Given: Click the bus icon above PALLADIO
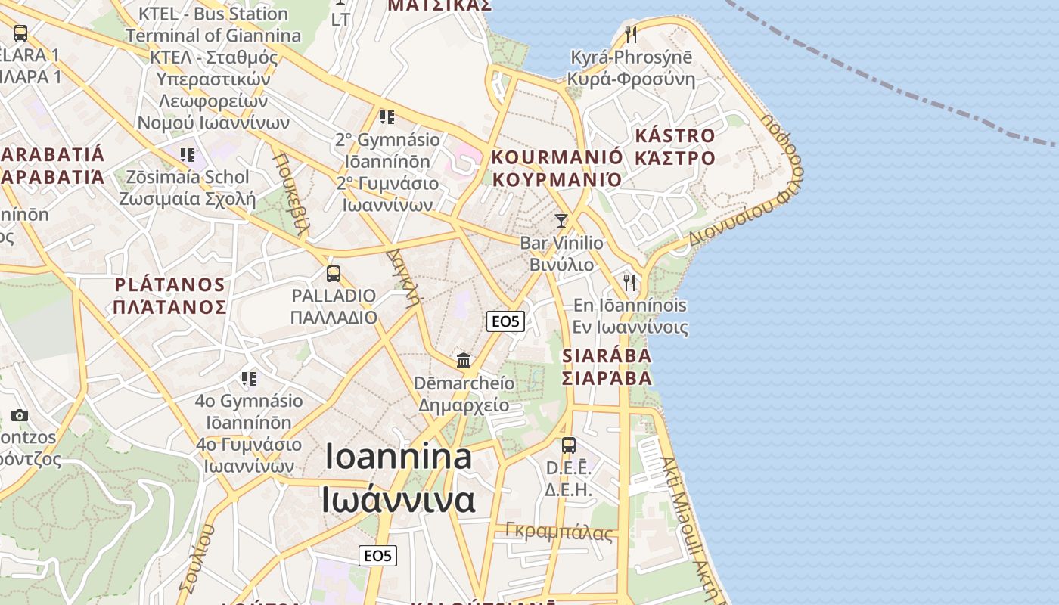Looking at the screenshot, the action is pos(334,274).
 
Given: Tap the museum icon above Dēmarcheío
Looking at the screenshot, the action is pos(464,360).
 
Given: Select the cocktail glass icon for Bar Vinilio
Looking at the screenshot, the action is pos(561,221).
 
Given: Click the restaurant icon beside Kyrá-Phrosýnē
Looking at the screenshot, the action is pos(630,34).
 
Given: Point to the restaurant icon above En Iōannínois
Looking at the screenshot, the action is pos(629,282).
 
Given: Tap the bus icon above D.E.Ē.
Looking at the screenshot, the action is pos(569,445).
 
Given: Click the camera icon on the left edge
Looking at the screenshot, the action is pos(20,415).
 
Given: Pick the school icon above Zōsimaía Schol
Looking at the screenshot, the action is pos(188,155).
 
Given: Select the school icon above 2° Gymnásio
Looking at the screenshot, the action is pos(387,117).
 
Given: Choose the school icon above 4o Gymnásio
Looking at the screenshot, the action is pos(249,378).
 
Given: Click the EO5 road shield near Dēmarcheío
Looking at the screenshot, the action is pos(505,321).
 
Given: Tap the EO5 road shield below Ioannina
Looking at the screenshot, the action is pos(377,556).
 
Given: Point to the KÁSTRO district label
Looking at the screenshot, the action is pos(675,136).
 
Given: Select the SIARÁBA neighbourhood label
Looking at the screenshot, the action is pos(607,355).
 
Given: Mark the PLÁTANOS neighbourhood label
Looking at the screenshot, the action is pos(170,285).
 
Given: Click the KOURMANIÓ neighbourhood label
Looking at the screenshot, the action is pos(557,157).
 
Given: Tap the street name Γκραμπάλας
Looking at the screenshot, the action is pos(559,532).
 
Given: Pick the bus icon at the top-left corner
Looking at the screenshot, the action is pos(20,33).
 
